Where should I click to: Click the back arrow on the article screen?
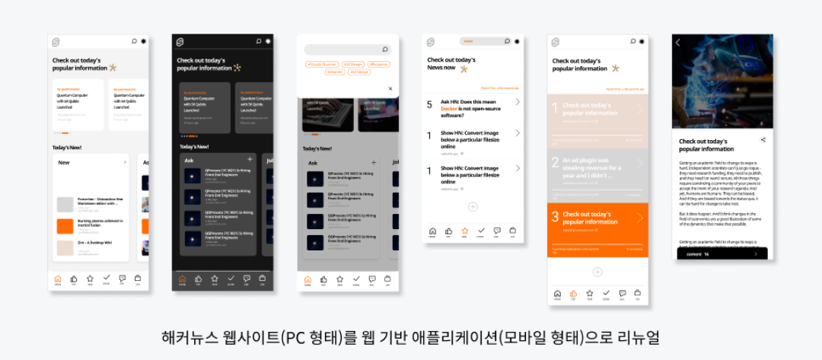pyautogui.click(x=678, y=43)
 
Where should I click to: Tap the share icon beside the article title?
pyautogui.click(x=763, y=140)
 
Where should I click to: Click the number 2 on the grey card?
pyautogui.click(x=555, y=161)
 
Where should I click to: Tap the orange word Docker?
pyautogui.click(x=451, y=109)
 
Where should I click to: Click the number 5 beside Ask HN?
pyautogui.click(x=429, y=104)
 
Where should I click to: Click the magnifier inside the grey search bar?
pyautogui.click(x=385, y=49)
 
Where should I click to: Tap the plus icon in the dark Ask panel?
pyautogui.click(x=250, y=159)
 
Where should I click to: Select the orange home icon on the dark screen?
pyautogui.click(x=182, y=279)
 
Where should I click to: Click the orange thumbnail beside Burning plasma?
pyautogui.click(x=65, y=226)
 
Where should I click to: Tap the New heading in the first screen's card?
pyautogui.click(x=64, y=162)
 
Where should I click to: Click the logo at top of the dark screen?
pyautogui.click(x=181, y=41)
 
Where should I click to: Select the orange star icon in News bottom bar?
pyautogui.click(x=464, y=231)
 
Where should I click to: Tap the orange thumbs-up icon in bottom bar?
pyautogui.click(x=573, y=293)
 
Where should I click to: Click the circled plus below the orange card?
pyautogui.click(x=597, y=272)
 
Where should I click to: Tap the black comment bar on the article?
pyautogui.click(x=720, y=254)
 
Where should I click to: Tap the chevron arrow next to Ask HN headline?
pyautogui.click(x=518, y=102)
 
